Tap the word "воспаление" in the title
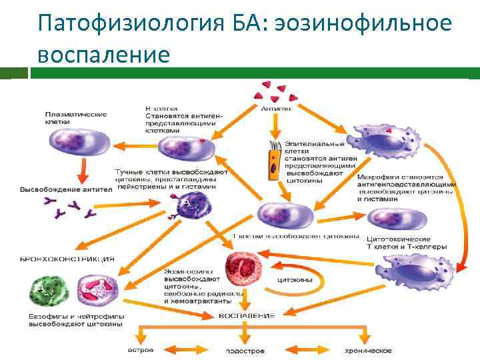click(104, 54)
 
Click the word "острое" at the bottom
click(140, 350)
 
